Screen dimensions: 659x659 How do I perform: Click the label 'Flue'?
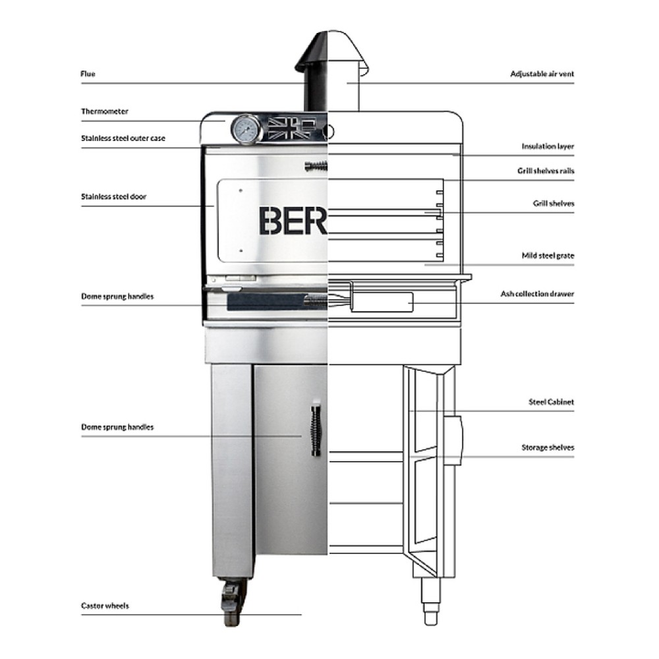[x=88, y=74]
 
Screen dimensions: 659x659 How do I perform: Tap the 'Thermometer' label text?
[x=104, y=111]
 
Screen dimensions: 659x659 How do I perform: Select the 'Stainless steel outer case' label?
[x=123, y=138]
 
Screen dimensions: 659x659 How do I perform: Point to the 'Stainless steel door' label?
[x=113, y=196]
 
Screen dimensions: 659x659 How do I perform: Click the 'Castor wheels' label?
[x=104, y=606]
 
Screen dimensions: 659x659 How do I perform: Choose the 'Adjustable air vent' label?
[x=542, y=74]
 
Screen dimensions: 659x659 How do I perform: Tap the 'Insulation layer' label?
[x=548, y=146]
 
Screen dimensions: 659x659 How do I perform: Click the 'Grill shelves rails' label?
[x=545, y=171]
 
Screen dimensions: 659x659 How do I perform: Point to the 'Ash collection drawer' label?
[x=537, y=293]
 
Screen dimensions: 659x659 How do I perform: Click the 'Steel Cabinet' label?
[x=551, y=401]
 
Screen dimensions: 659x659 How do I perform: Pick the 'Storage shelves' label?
[x=548, y=447]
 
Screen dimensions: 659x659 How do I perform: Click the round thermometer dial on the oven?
[x=245, y=130]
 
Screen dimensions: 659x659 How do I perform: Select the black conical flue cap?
[x=312, y=52]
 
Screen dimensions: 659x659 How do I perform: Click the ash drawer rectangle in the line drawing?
[x=382, y=301]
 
